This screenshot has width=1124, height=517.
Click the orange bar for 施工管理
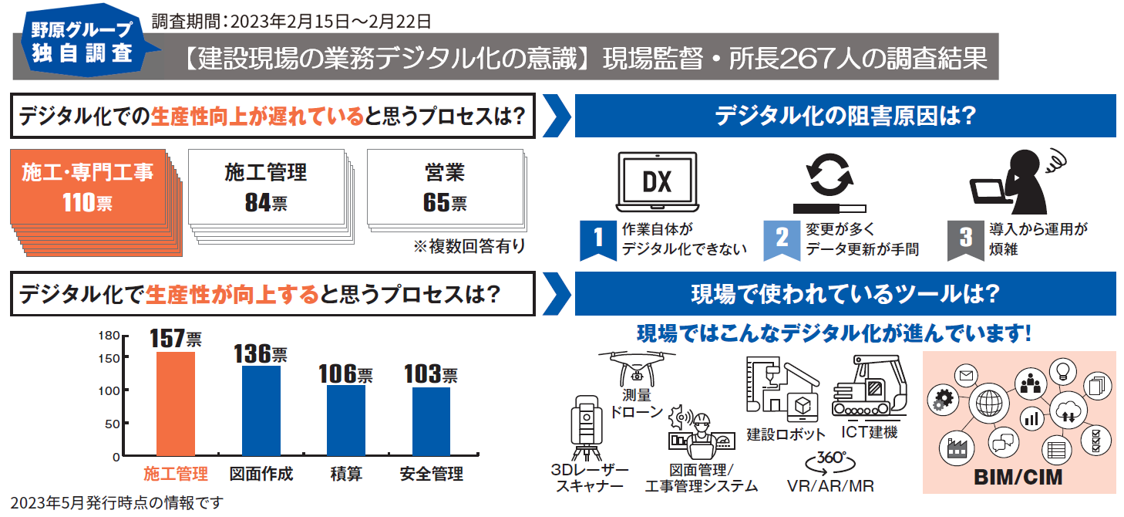(176, 404)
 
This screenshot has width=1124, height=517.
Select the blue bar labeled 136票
(261, 411)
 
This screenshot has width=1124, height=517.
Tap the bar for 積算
(346, 421)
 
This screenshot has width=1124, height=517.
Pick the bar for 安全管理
(431, 421)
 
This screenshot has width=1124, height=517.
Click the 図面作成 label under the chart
(261, 474)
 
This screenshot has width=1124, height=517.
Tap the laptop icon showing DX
(657, 182)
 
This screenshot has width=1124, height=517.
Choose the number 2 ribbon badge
(782, 238)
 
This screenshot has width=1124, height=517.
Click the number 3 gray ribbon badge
(965, 238)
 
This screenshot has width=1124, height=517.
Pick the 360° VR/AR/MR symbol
(831, 463)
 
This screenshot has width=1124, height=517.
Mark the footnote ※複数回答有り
(469, 247)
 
